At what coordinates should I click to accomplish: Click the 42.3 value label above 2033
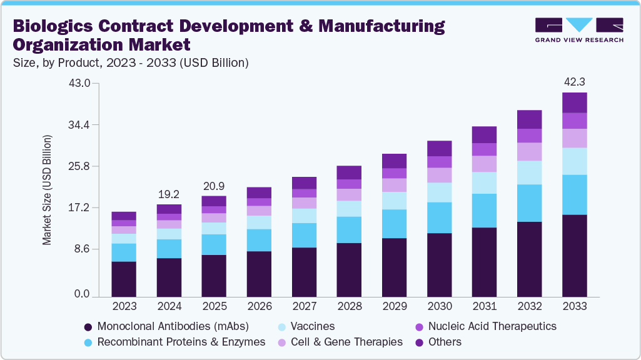pos(574,82)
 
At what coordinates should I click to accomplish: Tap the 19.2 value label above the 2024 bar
pos(169,194)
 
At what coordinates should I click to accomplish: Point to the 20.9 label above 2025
pos(214,186)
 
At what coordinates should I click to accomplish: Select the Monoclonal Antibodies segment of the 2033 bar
pos(574,255)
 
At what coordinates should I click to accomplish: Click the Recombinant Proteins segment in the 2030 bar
pos(439,217)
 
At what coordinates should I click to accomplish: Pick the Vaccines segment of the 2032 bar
pos(529,172)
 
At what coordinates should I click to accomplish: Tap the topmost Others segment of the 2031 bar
pos(484,134)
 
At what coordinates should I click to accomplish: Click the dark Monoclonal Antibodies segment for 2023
pos(124,279)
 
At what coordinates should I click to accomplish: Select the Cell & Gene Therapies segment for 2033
pos(574,138)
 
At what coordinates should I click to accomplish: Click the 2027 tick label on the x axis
pos(304,307)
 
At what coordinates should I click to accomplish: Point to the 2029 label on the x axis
pos(394,307)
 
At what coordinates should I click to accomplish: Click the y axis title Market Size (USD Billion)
pos(48,189)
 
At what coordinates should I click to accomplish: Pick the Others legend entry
pos(445,342)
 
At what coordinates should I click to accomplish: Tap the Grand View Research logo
pos(578,29)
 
